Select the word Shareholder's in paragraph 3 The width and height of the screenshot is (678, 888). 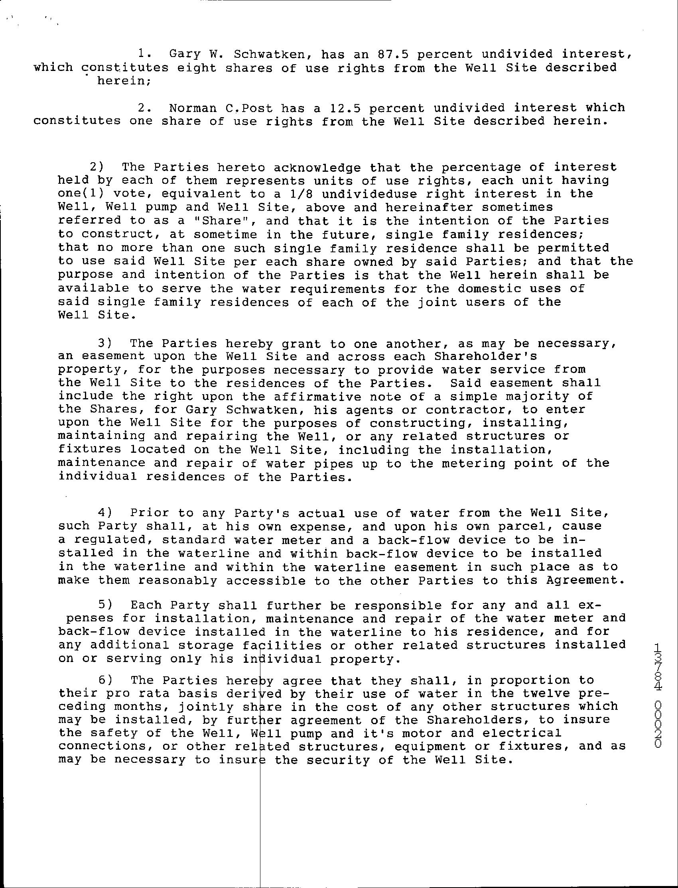click(485, 356)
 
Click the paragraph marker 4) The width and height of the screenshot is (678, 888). click(104, 513)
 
